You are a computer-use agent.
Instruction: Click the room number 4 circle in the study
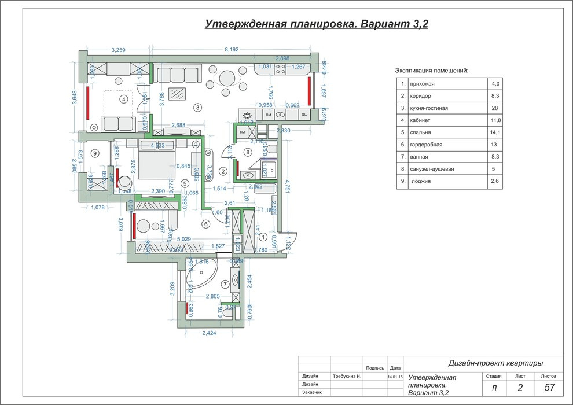pyautogui.click(x=123, y=99)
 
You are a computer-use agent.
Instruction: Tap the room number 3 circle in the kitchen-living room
pyautogui.click(x=197, y=107)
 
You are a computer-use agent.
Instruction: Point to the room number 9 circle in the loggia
pyautogui.click(x=94, y=153)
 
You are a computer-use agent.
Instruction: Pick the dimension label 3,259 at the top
pyautogui.click(x=117, y=50)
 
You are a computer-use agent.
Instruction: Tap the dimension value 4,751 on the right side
pyautogui.click(x=288, y=189)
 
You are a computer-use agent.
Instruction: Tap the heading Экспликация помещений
pyautogui.click(x=431, y=71)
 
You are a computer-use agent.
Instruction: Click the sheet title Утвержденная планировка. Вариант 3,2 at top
pyautogui.click(x=316, y=24)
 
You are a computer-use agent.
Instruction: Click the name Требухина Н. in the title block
pyautogui.click(x=347, y=376)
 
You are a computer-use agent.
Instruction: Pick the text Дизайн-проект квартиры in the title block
pyautogui.click(x=495, y=363)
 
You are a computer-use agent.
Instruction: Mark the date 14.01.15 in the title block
pyautogui.click(x=395, y=377)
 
